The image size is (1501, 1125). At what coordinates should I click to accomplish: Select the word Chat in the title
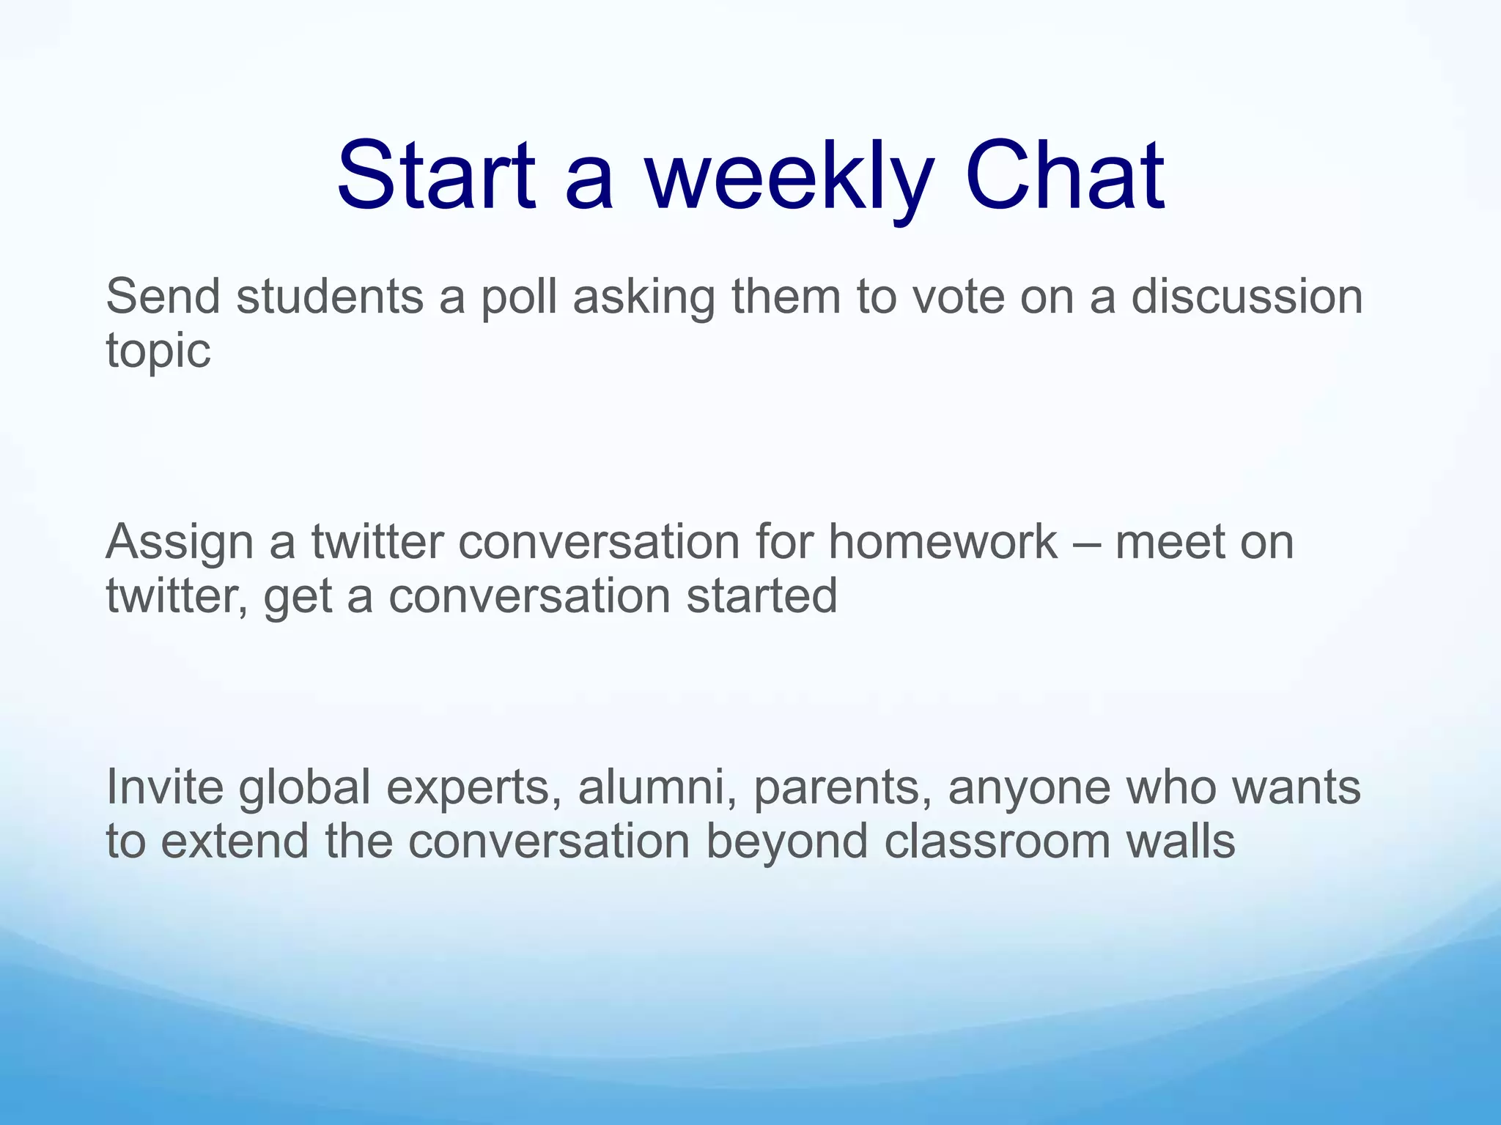(1064, 177)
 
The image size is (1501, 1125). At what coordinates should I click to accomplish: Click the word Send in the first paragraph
(163, 297)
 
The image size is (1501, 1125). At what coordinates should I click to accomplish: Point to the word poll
(517, 298)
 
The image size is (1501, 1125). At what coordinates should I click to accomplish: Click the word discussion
(1247, 297)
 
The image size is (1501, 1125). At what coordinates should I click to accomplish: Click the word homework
(943, 542)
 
